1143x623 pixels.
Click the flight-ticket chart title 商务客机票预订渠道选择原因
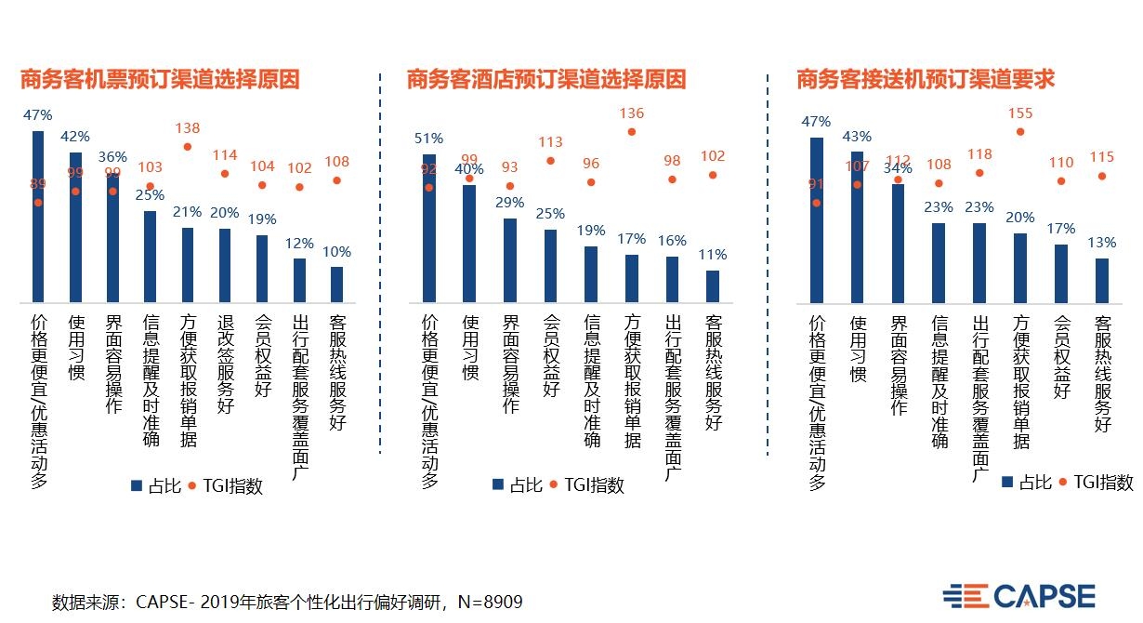(x=160, y=80)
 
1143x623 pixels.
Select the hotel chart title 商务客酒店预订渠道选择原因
(x=545, y=80)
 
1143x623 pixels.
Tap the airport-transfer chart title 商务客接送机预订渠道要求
(x=926, y=80)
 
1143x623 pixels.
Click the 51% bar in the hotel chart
(x=429, y=228)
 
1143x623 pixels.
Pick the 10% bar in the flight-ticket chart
(x=336, y=285)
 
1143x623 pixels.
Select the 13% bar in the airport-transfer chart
(x=1102, y=280)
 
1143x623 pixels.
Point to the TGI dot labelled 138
(x=187, y=146)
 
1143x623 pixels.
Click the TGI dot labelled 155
(x=1020, y=132)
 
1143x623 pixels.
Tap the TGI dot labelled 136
(x=632, y=132)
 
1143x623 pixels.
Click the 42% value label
(x=74, y=137)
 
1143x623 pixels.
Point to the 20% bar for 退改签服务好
(x=225, y=265)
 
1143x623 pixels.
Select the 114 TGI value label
(x=225, y=155)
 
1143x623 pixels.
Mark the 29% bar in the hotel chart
(x=510, y=260)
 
